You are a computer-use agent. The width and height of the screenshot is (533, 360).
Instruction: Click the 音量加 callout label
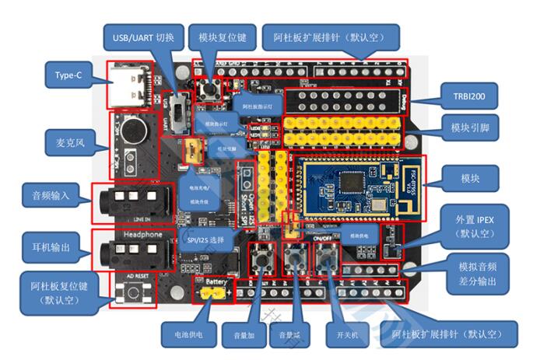[235, 337]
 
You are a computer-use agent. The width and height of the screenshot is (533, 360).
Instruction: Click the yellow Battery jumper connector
[213, 294]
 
